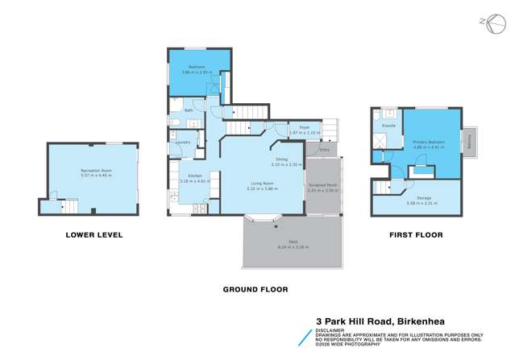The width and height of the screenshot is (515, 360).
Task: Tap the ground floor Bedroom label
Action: coord(196,67)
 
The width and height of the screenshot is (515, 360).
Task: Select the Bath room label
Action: coord(188,111)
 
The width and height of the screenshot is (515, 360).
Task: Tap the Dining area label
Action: coord(281,159)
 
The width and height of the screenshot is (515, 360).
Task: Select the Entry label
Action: coord(325,150)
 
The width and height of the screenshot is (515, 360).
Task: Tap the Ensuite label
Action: coord(388,126)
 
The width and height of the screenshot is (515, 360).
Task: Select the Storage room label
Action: coord(424,197)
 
